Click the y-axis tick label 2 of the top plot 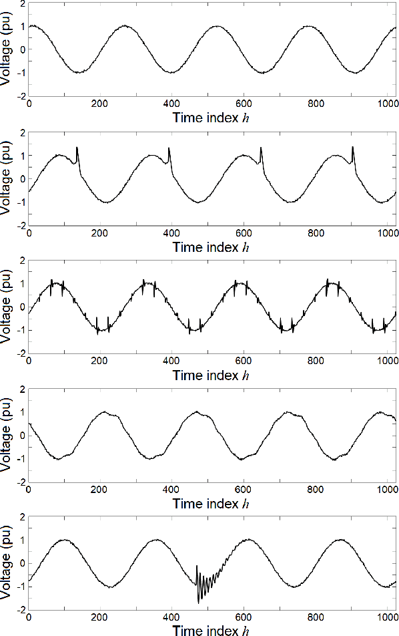23,3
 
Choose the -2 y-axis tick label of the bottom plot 21,609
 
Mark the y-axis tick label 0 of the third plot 23,307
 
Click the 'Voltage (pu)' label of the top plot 7,49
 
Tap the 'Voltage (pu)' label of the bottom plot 7,563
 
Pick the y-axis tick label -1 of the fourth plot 21,459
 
